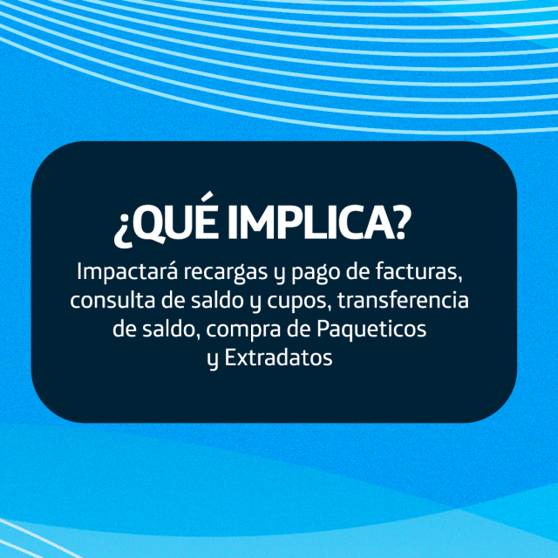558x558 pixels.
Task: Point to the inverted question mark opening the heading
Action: (x=122, y=230)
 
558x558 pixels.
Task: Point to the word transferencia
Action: (x=403, y=300)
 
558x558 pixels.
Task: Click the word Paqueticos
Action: (x=371, y=330)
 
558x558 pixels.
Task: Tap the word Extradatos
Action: (x=278, y=357)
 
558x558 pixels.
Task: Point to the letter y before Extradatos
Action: (x=213, y=360)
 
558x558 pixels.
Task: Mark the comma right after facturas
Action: (x=460, y=279)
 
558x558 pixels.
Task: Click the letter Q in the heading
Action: (x=150, y=223)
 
